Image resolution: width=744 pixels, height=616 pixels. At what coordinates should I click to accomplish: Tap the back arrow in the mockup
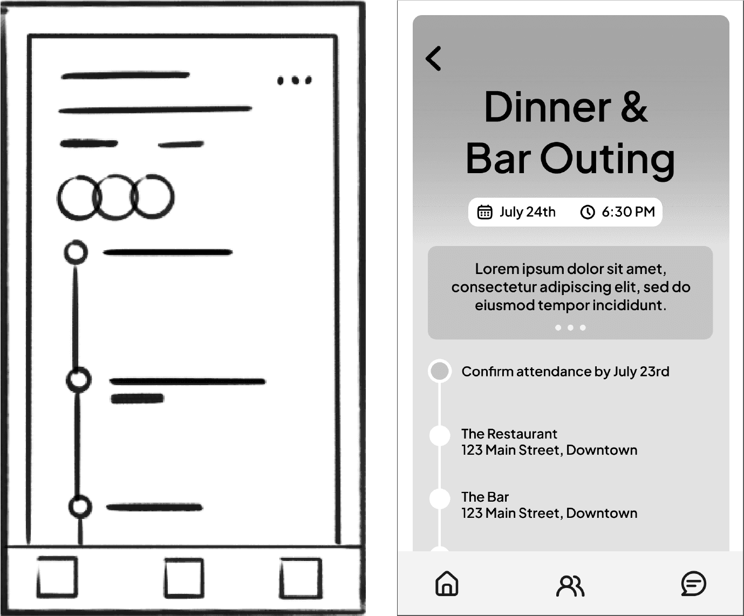[433, 58]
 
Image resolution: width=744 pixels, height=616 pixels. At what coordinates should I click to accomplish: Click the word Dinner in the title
[547, 107]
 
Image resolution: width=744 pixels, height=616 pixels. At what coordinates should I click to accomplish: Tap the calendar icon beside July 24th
[484, 212]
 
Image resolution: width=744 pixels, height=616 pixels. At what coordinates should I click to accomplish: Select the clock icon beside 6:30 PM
[588, 212]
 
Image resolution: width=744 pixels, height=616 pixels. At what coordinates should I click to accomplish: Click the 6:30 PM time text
[628, 211]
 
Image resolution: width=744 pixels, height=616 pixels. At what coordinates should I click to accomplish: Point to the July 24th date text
[527, 211]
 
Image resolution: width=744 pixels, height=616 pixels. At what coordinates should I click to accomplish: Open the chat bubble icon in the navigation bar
[693, 583]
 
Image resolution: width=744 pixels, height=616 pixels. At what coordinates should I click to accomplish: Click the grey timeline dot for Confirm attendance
[440, 371]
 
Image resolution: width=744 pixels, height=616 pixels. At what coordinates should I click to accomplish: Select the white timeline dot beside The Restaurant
[440, 435]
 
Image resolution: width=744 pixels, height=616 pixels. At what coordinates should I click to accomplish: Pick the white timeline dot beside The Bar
[440, 498]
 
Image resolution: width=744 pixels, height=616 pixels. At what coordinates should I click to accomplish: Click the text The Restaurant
[509, 434]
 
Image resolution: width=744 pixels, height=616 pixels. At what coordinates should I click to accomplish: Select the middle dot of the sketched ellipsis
[295, 80]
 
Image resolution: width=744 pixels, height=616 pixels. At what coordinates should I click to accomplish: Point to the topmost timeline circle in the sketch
[76, 241]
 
